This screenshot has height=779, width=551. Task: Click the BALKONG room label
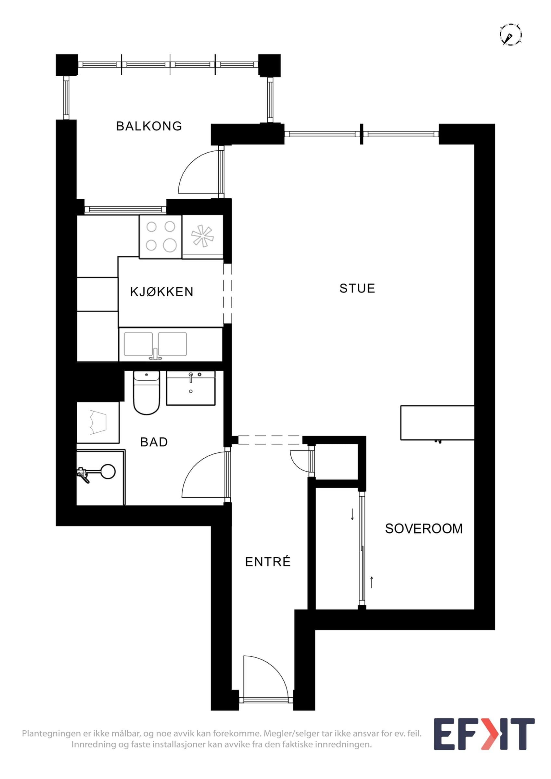pyautogui.click(x=149, y=126)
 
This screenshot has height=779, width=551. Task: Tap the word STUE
pyautogui.click(x=357, y=289)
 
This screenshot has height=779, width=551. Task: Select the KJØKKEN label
pyautogui.click(x=161, y=292)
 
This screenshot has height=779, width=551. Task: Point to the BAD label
pyautogui.click(x=154, y=442)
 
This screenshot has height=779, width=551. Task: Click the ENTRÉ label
pyautogui.click(x=268, y=562)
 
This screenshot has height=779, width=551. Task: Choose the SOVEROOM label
pyautogui.click(x=424, y=529)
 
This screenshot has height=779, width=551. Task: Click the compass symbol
pyautogui.click(x=510, y=34)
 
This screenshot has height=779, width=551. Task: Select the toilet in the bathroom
pyautogui.click(x=146, y=392)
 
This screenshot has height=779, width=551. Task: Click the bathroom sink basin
pyautogui.click(x=190, y=388)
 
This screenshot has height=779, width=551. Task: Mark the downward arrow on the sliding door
pyautogui.click(x=352, y=514)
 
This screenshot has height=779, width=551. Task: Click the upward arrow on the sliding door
pyautogui.click(x=372, y=582)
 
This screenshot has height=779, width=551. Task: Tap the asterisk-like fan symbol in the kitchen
pyautogui.click(x=202, y=235)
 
